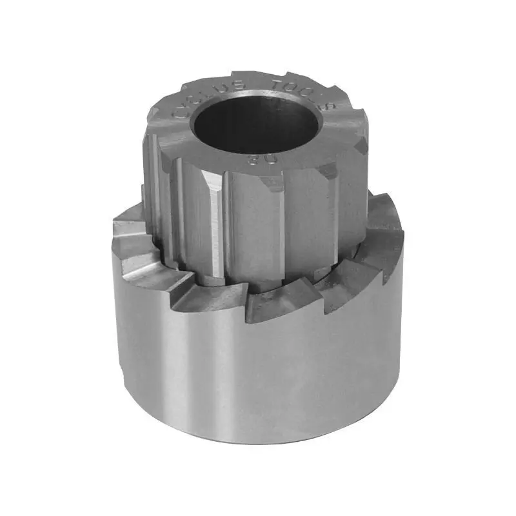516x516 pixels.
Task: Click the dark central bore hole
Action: coord(252,123)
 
